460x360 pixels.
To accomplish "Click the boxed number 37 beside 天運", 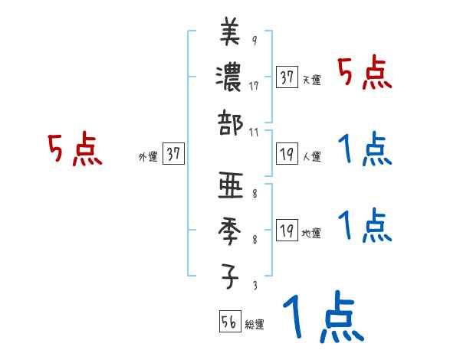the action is pyautogui.click(x=287, y=77).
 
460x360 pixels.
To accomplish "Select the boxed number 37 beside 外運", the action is pyautogui.click(x=173, y=154).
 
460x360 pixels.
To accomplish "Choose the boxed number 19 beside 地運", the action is pyautogui.click(x=287, y=230).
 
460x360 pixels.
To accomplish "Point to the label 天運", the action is pyautogui.click(x=312, y=80).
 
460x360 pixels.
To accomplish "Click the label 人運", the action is pyautogui.click(x=312, y=156).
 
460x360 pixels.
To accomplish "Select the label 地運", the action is pyautogui.click(x=312, y=232).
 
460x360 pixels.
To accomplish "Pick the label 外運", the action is pyautogui.click(x=147, y=156).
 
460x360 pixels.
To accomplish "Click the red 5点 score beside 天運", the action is pyautogui.click(x=365, y=74).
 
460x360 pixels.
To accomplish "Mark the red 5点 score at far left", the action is pyautogui.click(x=74, y=150).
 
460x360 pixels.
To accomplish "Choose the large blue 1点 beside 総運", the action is pyautogui.click(x=322, y=318).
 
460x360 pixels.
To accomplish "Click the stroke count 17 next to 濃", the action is pyautogui.click(x=254, y=86).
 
